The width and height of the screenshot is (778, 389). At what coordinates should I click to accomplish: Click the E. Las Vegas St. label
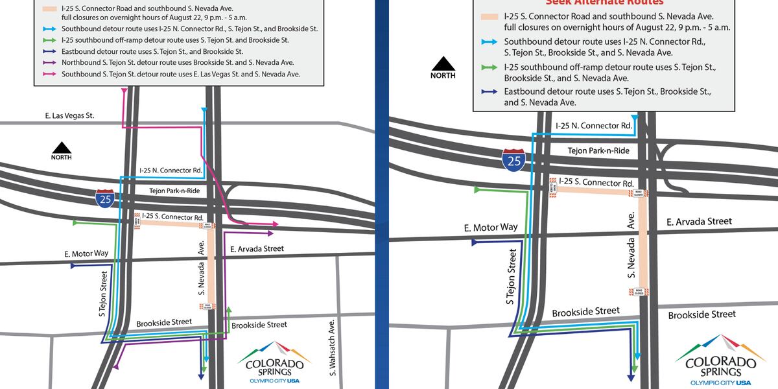pos(70,115)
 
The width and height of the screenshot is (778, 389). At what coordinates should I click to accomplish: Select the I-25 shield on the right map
pos(513,159)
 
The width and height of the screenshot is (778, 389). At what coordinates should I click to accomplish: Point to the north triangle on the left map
pos(62,148)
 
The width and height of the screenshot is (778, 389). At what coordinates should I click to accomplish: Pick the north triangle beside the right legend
pos(443,64)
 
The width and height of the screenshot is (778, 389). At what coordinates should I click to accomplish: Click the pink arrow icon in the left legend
pos(49,74)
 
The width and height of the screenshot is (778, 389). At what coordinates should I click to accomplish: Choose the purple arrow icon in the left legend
pos(49,63)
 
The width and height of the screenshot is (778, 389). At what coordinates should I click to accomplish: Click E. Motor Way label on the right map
pos(491,228)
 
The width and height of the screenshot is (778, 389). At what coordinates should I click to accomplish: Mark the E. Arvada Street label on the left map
pos(257,248)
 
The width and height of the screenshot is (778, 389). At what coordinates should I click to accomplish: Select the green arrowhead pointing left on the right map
pos(478,190)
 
